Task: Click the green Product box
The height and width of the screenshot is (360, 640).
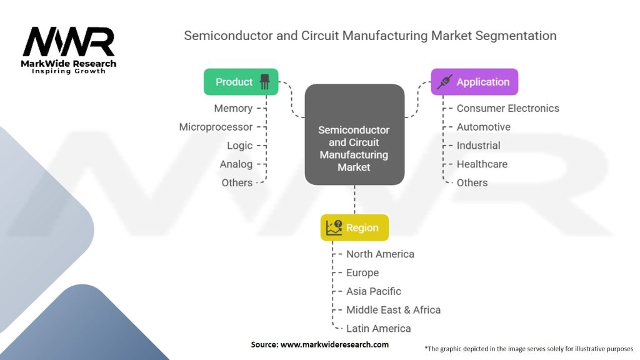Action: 241,82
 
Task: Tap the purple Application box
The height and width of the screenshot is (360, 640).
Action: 474,82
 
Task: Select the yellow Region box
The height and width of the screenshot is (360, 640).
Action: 354,227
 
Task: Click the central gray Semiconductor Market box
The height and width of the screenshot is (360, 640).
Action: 354,135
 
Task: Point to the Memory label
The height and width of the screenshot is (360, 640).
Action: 233,109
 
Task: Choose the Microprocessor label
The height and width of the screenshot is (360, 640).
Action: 216,127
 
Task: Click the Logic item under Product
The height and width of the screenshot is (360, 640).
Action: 239,146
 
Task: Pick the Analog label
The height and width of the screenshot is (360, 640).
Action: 236,164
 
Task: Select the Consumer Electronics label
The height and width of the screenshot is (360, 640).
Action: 507,108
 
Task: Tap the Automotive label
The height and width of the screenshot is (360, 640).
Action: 483,127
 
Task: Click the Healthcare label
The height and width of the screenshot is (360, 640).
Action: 482,164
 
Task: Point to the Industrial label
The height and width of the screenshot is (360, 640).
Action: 478,145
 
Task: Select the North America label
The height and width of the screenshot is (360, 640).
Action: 380,254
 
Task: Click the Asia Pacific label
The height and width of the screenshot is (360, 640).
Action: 374,291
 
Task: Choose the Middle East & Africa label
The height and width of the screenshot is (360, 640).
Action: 393,310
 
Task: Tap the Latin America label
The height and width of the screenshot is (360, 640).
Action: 378,329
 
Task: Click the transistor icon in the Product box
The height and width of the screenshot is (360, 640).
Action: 264,82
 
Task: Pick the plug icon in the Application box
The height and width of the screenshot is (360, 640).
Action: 444,82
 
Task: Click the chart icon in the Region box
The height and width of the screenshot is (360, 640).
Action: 334,227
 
